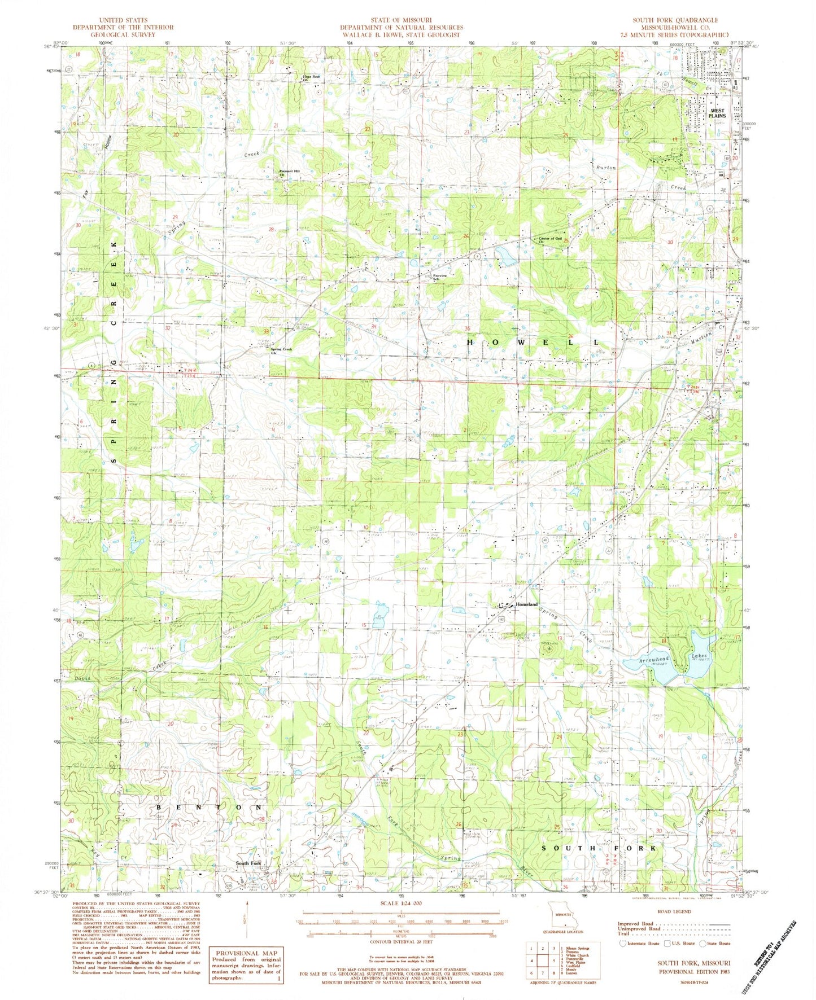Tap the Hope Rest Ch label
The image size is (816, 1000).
coord(311,78)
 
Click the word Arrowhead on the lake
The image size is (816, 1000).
coord(654,659)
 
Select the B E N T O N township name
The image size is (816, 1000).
coord(210,807)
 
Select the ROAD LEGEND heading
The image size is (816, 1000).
coord(674,911)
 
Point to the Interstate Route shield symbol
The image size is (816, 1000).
coord(623,943)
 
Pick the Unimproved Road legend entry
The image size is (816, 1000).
coord(639,929)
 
